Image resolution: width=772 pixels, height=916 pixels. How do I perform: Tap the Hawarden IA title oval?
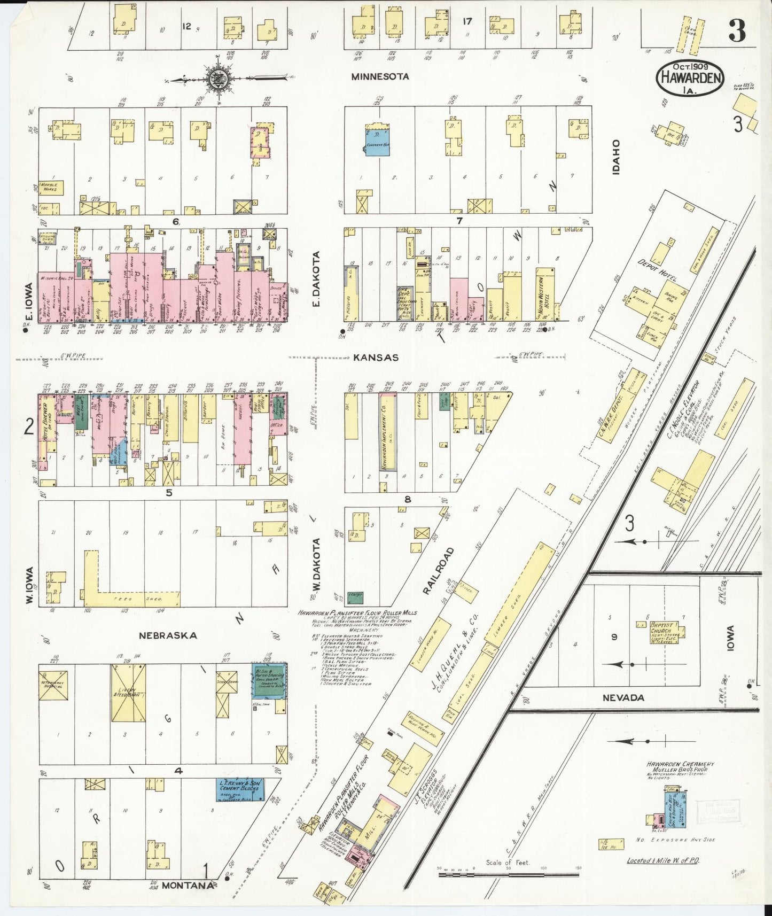(690, 78)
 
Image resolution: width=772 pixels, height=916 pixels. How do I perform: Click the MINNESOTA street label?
(380, 77)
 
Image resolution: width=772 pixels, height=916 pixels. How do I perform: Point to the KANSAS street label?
(376, 358)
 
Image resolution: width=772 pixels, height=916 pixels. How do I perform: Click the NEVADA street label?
(622, 697)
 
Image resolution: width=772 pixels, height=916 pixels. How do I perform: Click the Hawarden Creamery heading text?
(680, 765)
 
